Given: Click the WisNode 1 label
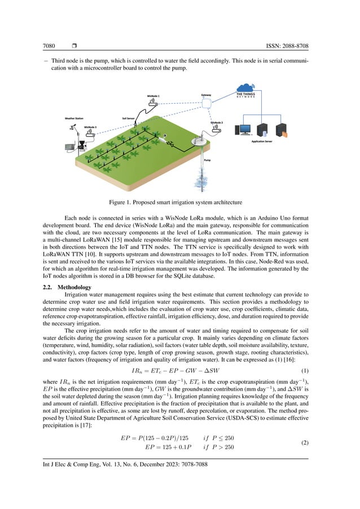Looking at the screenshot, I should click(153, 96).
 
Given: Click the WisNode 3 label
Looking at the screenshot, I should click(90, 127).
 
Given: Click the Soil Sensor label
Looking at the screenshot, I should click(128, 119).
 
